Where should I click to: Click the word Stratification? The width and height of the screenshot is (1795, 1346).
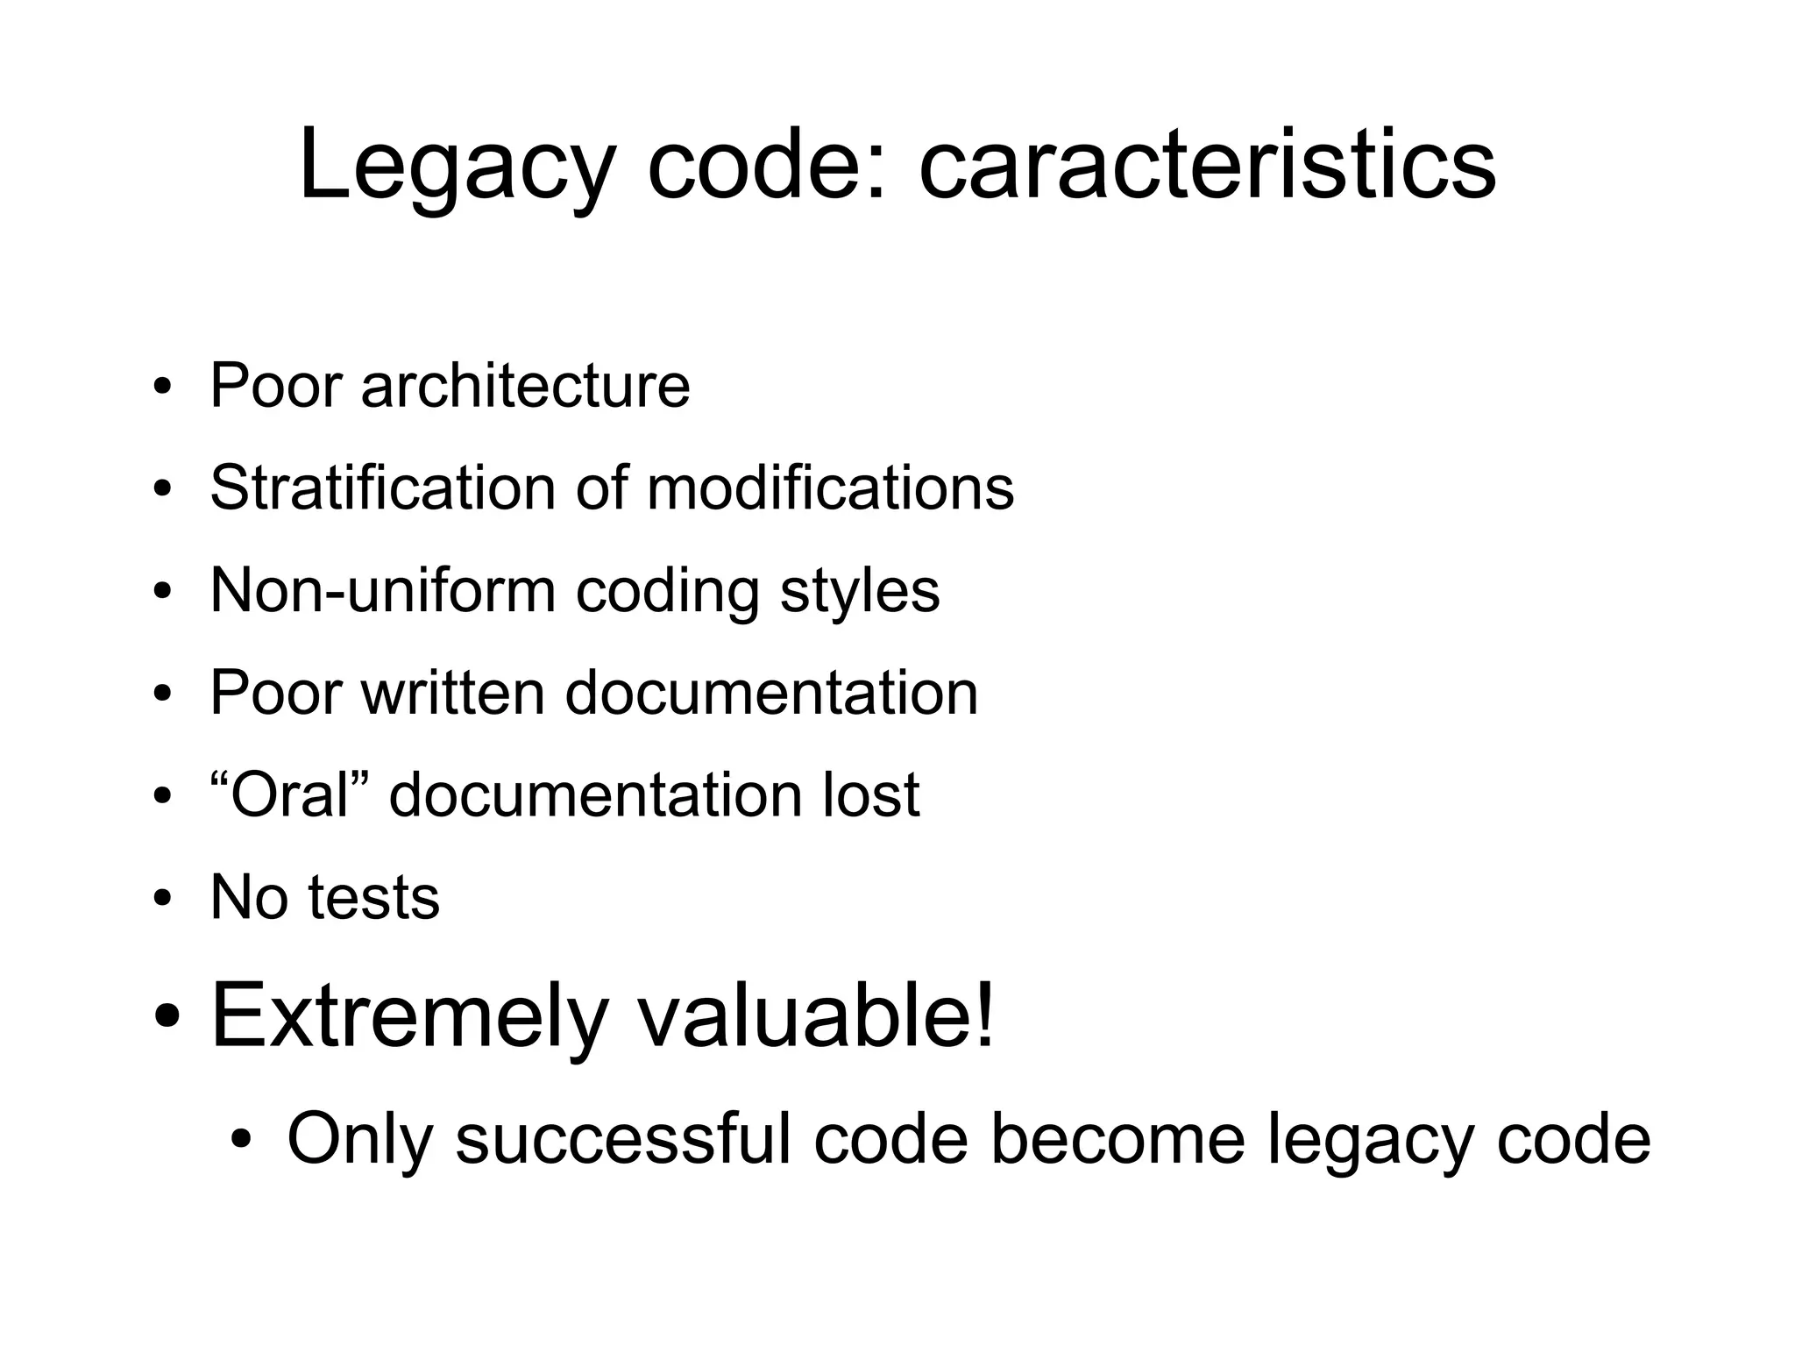[383, 488]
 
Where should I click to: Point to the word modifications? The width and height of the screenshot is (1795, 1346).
[830, 488]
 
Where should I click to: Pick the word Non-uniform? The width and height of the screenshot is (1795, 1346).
[383, 590]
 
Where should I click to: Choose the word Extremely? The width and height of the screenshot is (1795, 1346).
[409, 1017]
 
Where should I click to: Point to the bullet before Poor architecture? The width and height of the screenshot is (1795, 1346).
[161, 387]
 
